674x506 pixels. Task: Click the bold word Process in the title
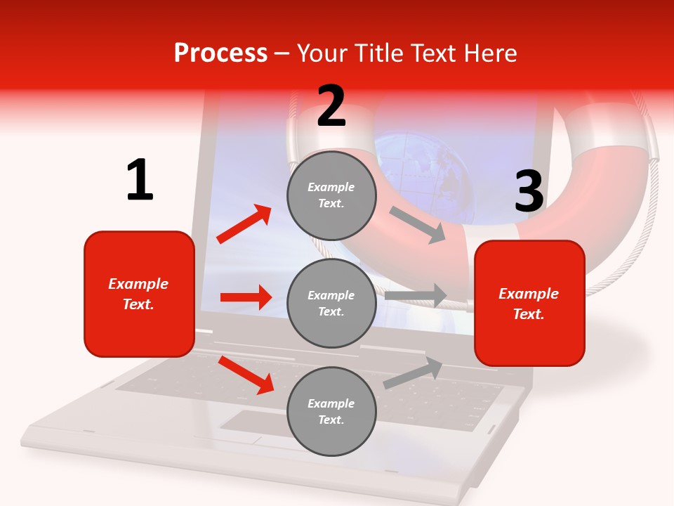(x=220, y=53)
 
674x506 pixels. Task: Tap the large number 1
(x=140, y=181)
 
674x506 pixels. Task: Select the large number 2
(x=331, y=106)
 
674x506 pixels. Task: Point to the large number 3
(x=529, y=191)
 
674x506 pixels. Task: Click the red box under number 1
(x=139, y=294)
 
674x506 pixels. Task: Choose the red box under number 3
(x=529, y=304)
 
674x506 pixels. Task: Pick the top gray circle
(x=331, y=195)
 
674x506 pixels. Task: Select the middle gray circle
(x=331, y=303)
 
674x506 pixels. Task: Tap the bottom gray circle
(x=331, y=411)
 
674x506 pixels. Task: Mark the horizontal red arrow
(x=246, y=297)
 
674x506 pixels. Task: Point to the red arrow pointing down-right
(x=246, y=375)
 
